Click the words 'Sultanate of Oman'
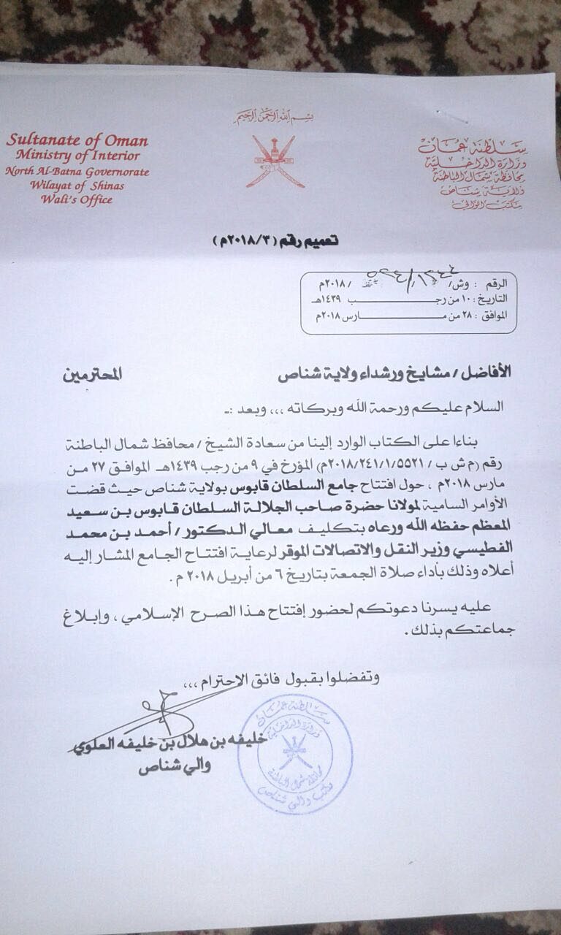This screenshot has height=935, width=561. (77, 140)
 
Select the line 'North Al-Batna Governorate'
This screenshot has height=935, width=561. (77, 172)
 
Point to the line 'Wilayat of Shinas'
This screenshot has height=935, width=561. (77, 186)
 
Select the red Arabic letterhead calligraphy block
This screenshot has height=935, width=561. (473, 172)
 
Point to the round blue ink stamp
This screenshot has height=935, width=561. (296, 752)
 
